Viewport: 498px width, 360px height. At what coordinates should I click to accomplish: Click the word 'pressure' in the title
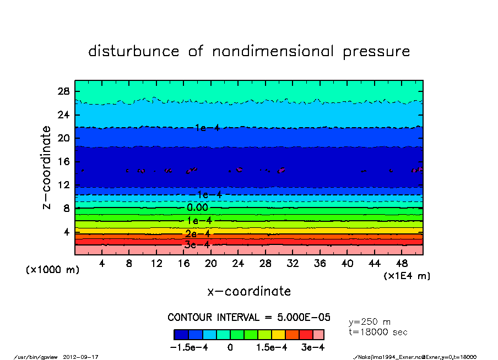coord(376,52)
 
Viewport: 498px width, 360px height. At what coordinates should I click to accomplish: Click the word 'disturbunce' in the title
coord(134,52)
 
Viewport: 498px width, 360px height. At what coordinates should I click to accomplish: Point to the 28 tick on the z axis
coord(64,91)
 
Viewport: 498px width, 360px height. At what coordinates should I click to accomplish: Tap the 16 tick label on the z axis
coord(64,162)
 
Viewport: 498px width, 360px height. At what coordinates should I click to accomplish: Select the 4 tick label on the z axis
coord(67,232)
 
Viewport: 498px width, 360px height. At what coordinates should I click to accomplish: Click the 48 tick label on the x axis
coord(402,264)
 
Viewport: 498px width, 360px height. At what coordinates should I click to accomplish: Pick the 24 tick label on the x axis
coord(238,264)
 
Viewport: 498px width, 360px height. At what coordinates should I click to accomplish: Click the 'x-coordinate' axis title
coord(249,291)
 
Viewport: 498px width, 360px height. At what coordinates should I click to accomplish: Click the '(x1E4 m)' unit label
coord(407,275)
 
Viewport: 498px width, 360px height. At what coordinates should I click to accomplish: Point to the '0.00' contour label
coord(197,208)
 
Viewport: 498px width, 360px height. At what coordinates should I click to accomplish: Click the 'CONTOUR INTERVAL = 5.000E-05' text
coord(249,318)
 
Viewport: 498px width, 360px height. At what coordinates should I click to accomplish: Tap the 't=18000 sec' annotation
coord(378,332)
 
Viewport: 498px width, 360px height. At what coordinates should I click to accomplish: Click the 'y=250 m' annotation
coord(370,321)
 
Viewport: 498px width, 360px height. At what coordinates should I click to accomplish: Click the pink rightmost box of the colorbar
coord(318,335)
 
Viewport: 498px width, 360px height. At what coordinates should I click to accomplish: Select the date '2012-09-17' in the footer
coord(85,357)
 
